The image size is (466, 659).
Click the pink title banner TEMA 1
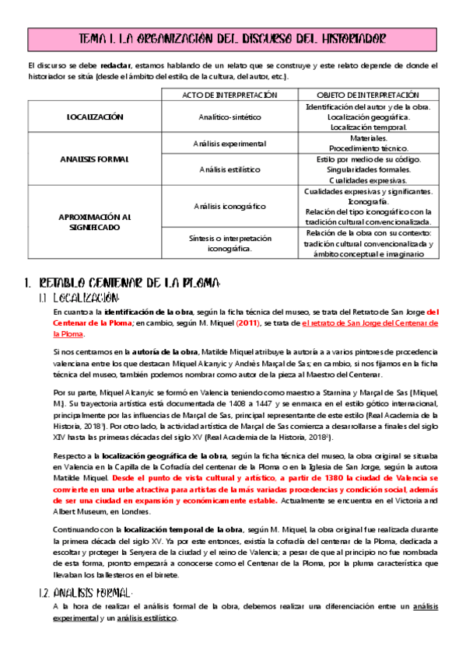pyautogui.click(x=233, y=39)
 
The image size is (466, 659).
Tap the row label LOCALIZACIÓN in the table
pyautogui.click(x=95, y=117)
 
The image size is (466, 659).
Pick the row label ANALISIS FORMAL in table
pyautogui.click(x=95, y=159)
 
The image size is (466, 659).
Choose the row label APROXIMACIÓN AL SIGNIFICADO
pyautogui.click(x=95, y=222)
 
